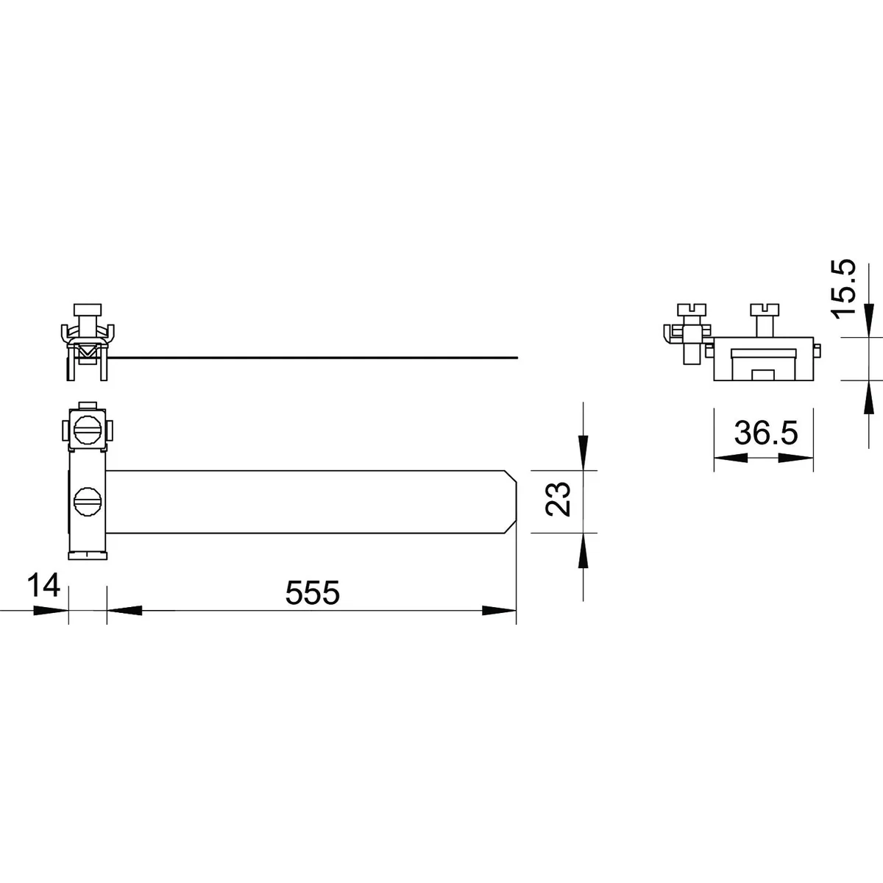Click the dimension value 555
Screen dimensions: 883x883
point(313,592)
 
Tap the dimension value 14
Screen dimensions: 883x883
point(43,585)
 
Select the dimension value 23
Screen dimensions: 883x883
point(558,500)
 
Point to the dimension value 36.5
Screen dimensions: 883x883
point(766,433)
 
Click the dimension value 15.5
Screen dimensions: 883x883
point(844,287)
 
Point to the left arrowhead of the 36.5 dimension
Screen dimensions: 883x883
point(731,458)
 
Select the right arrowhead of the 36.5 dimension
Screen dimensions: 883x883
point(796,458)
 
